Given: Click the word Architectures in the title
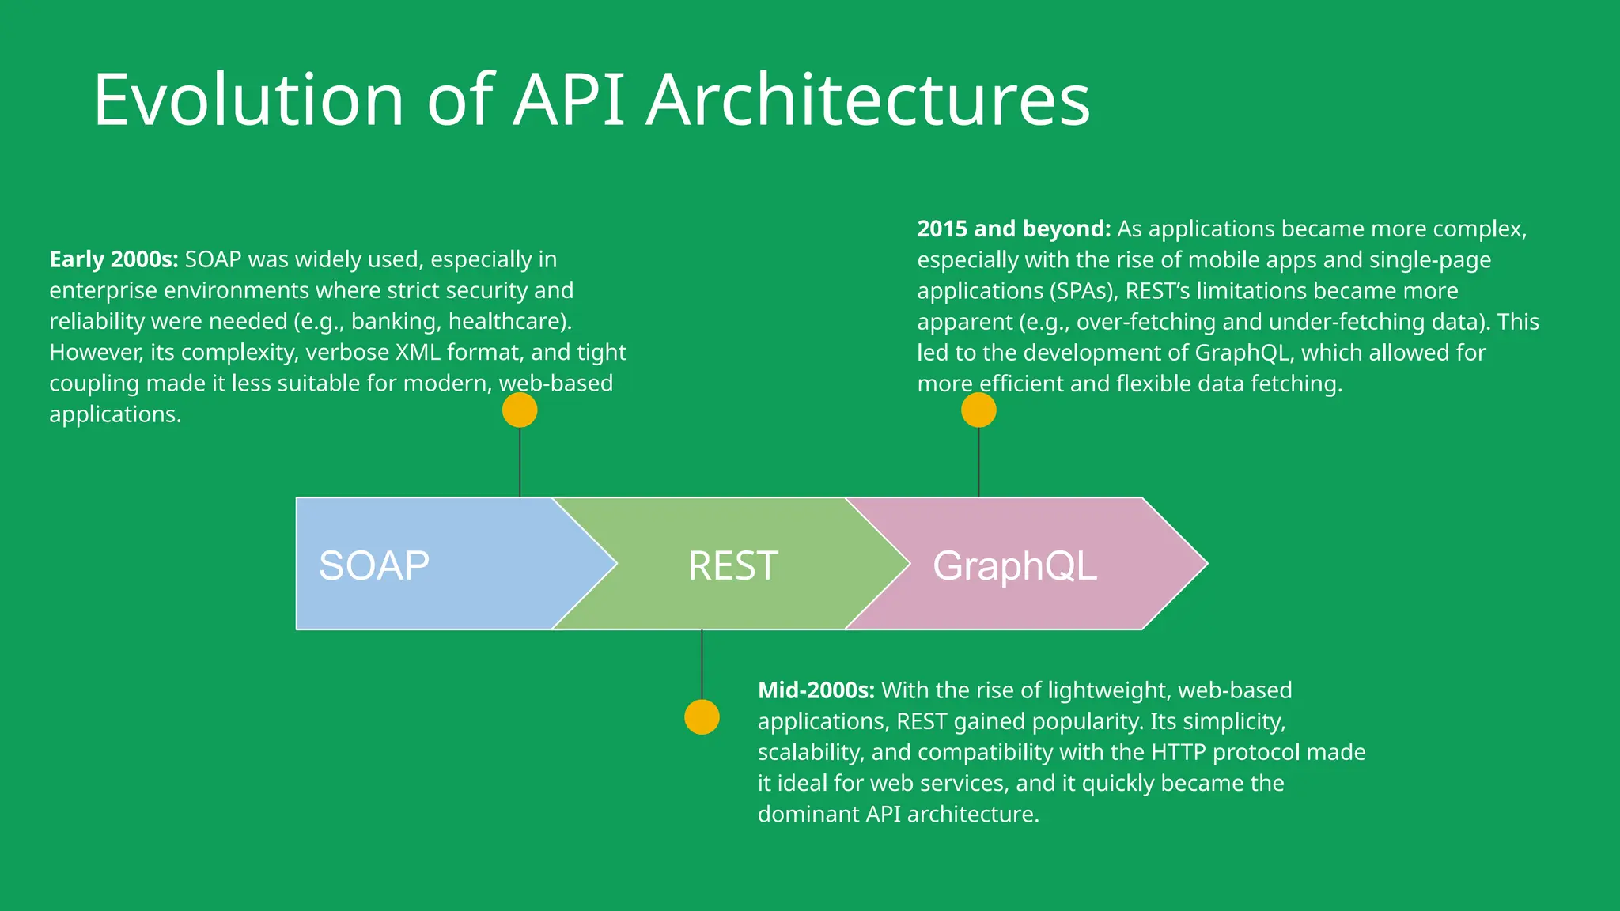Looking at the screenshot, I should click(868, 100).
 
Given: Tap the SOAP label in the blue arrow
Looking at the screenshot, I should click(373, 565).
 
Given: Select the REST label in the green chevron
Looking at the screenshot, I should click(732, 565).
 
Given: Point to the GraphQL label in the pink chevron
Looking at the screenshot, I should click(1015, 565).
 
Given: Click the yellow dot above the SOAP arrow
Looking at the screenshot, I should click(520, 410).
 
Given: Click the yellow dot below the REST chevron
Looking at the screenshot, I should click(702, 717).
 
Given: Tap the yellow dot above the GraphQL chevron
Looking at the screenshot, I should click(978, 410).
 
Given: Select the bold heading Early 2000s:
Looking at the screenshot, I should click(114, 259).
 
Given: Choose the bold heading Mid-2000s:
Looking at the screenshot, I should click(816, 690).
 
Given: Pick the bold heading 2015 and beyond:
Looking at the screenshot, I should click(1013, 229).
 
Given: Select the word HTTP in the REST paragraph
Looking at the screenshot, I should click(1179, 752).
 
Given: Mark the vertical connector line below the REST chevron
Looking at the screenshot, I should click(702, 664).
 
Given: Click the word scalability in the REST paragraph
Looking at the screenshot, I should click(810, 752).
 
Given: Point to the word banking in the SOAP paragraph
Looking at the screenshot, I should click(396, 321).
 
